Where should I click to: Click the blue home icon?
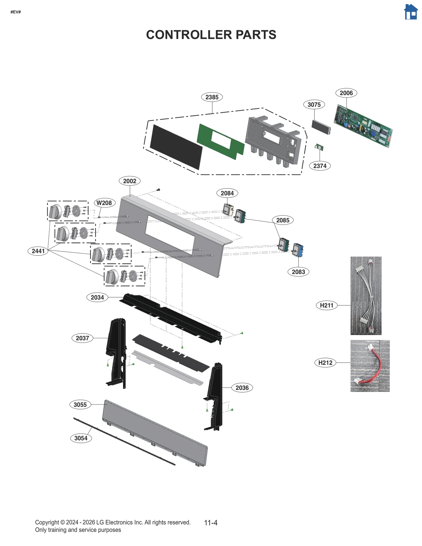[411, 12]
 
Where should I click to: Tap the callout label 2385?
[212, 97]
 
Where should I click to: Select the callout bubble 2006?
[346, 93]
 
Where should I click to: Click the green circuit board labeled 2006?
[363, 126]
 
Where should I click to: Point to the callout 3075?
[314, 105]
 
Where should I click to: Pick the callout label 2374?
[320, 166]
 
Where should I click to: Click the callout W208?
[104, 203]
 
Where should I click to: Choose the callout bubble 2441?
[38, 251]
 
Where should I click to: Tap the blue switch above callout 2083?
[298, 250]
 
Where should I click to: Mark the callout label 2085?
[283, 220]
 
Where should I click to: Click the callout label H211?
[327, 306]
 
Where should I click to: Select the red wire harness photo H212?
[370, 366]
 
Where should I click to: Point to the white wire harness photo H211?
[366, 296]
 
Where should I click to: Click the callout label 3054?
[81, 438]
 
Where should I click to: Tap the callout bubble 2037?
[82, 338]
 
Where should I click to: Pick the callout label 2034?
[97, 298]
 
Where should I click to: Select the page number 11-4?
[211, 523]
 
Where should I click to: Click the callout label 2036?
[242, 388]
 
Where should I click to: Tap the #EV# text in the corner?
[16, 12]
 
